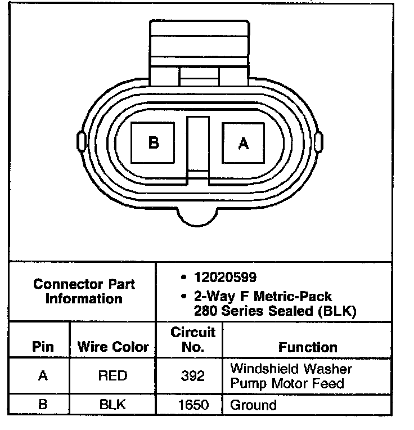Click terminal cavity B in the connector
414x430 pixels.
pyautogui.click(x=152, y=142)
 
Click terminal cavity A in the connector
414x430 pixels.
pyautogui.click(x=244, y=143)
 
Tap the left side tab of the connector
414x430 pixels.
pyautogui.click(x=81, y=141)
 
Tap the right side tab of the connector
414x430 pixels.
pyautogui.click(x=318, y=141)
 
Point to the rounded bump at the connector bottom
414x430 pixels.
pyautogui.click(x=197, y=218)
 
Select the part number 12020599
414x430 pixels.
pyautogui.click(x=225, y=277)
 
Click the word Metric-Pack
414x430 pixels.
pyautogui.click(x=292, y=297)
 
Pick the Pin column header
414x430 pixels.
pyautogui.click(x=43, y=347)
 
